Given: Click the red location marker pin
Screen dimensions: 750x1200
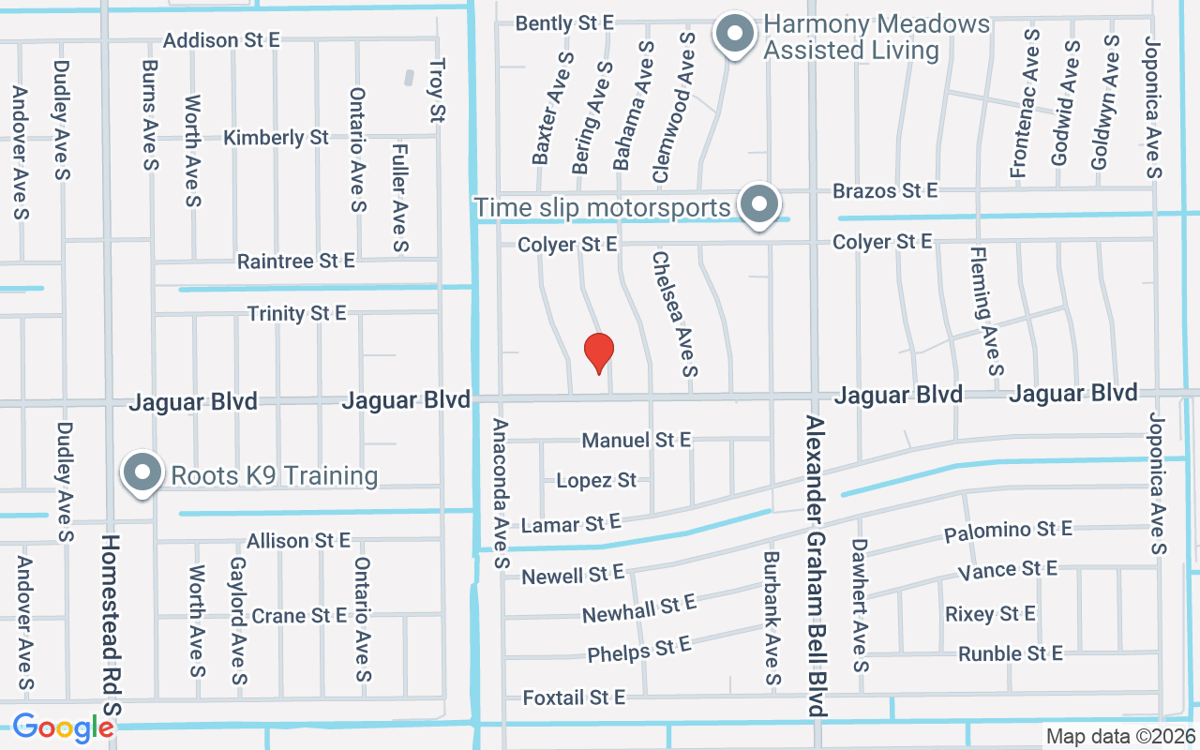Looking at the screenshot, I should click(599, 353).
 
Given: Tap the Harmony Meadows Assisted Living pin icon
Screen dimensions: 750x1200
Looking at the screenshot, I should click(736, 35).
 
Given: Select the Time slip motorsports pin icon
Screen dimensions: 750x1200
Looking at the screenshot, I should click(758, 203).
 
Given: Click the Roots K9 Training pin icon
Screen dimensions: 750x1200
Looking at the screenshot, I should click(142, 473).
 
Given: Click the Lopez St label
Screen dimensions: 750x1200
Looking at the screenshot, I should click(596, 481).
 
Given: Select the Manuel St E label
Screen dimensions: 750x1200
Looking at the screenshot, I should click(637, 440).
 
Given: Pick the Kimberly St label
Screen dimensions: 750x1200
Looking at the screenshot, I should click(276, 138).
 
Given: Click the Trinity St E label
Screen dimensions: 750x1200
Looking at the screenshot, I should click(296, 313).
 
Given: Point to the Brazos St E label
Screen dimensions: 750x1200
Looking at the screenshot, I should click(885, 191).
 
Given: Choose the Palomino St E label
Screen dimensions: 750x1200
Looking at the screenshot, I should click(1008, 532).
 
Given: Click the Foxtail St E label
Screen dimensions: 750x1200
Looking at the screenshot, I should click(574, 697).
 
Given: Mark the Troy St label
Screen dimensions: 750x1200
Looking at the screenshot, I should click(437, 91).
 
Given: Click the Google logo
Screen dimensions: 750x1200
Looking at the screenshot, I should click(63, 727).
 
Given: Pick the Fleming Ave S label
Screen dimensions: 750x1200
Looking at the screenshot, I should click(987, 311).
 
